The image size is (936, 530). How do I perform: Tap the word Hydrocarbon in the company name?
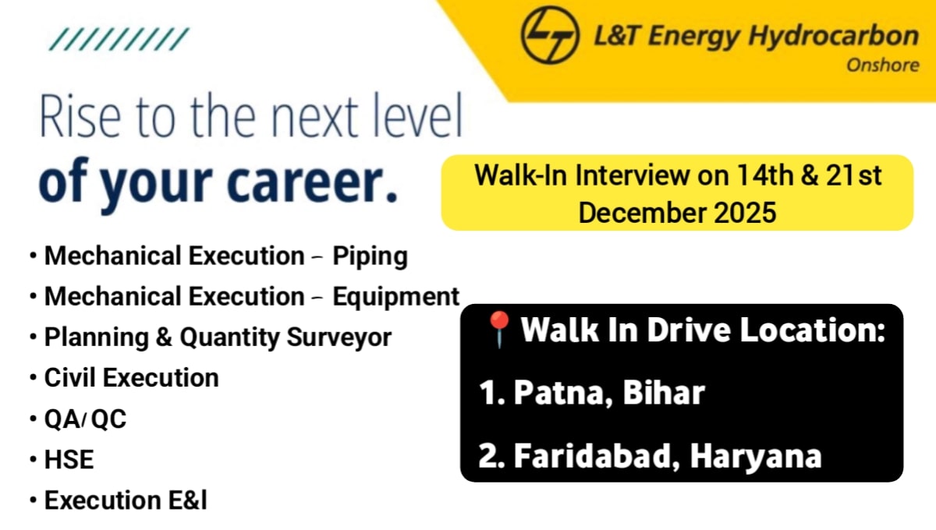[835, 36]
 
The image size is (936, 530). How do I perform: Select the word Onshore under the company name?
[882, 65]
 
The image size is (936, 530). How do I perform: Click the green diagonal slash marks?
[119, 39]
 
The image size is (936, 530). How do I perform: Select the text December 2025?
[677, 212]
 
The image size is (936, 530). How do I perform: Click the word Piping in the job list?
[370, 256]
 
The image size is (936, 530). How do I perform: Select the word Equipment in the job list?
[395, 297]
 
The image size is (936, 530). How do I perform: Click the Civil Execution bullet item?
[131, 378]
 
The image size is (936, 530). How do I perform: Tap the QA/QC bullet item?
[85, 419]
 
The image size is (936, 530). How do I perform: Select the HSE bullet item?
[69, 460]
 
